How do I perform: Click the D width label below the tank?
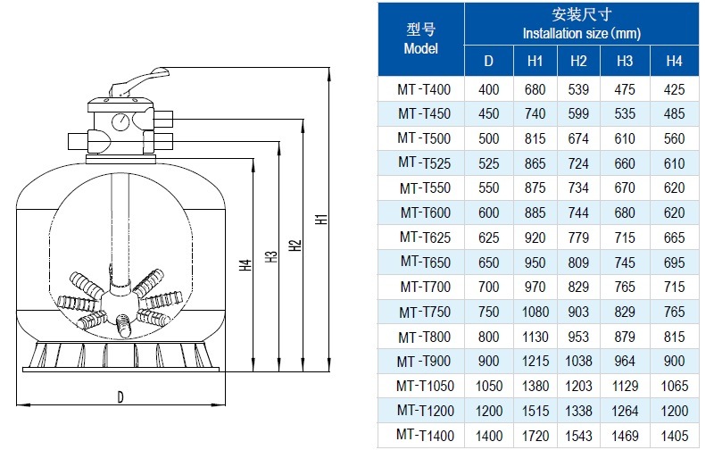pos(120,397)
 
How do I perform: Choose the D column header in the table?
pos(488,62)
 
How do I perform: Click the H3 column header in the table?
pos(625,62)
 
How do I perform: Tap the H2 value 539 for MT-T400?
pos(578,89)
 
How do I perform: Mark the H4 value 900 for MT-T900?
pos(675,361)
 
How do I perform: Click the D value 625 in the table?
pos(488,237)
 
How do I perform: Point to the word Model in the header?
pos(420,49)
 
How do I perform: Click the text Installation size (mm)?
pos(580,33)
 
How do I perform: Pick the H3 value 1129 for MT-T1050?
pos(625,386)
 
